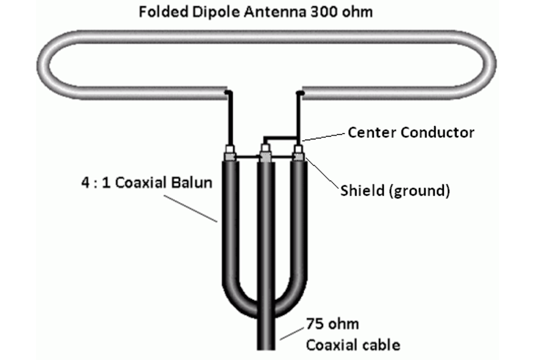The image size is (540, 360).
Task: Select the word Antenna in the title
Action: click(275, 12)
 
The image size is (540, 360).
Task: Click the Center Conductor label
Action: click(411, 133)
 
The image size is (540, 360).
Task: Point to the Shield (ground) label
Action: click(395, 190)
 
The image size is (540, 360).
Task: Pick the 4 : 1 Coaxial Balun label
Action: click(146, 182)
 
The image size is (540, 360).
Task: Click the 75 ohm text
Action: click(332, 324)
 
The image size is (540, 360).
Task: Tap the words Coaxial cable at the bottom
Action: click(353, 345)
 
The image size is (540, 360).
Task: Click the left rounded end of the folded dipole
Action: click(43, 65)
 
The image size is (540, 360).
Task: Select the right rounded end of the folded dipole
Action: click(490, 65)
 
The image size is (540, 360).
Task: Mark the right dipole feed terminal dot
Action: click(300, 93)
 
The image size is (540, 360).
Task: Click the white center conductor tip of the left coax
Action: click(230, 149)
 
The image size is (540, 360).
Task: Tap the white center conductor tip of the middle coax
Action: click(265, 149)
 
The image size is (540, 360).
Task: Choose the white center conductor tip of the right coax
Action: click(298, 149)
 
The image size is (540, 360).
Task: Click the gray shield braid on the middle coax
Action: click(265, 157)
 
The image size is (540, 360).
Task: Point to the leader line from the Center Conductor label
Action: click(324, 137)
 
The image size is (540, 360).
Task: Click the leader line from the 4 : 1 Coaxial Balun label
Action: click(190, 209)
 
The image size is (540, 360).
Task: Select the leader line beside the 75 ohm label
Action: click(292, 334)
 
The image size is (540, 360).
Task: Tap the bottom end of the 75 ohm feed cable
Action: click(266, 348)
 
